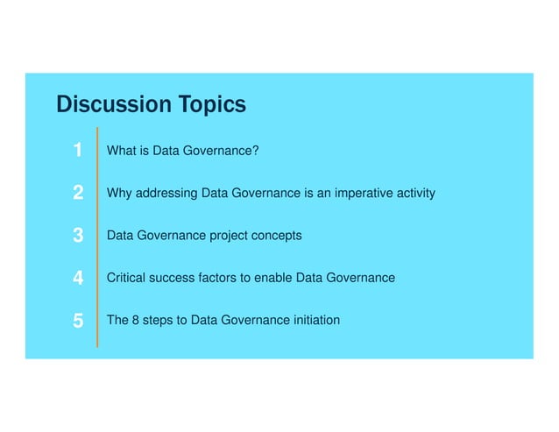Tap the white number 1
[78, 151]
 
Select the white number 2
[78, 193]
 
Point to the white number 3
[78, 236]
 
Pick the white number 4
[78, 279]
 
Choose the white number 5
[78, 322]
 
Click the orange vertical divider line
[96, 237]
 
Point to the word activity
[414, 193]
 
